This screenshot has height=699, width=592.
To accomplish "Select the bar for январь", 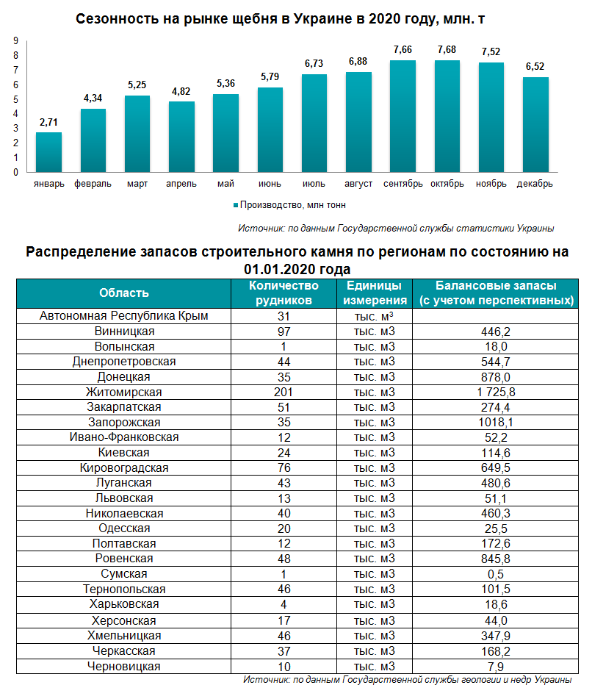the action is click(48, 152).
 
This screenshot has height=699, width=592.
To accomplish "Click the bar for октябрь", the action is click(447, 116).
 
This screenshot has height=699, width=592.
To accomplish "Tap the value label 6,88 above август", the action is click(358, 62).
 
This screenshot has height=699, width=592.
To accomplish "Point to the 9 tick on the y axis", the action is click(16, 40).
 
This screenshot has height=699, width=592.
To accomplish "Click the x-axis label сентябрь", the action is click(403, 184).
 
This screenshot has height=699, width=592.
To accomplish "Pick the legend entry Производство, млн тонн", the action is click(289, 205).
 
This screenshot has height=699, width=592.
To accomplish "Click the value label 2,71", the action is click(48, 122).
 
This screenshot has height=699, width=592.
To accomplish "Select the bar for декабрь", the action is click(535, 125).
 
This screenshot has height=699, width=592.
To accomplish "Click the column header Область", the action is click(124, 293).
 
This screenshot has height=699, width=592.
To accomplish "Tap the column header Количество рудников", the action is click(284, 293).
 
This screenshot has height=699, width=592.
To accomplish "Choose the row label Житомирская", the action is click(124, 392).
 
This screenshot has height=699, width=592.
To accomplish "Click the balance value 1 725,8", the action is click(495, 392).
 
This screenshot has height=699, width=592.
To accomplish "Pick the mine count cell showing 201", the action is click(284, 392).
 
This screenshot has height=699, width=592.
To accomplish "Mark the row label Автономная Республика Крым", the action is click(124, 315).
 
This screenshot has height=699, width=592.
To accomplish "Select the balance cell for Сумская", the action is click(495, 574).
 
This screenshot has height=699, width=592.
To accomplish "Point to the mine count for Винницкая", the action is click(284, 331).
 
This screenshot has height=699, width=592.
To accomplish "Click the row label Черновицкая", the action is click(124, 667).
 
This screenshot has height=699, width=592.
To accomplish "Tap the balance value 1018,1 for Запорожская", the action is click(495, 422).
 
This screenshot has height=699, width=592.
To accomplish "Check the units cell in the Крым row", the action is click(374, 317).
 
